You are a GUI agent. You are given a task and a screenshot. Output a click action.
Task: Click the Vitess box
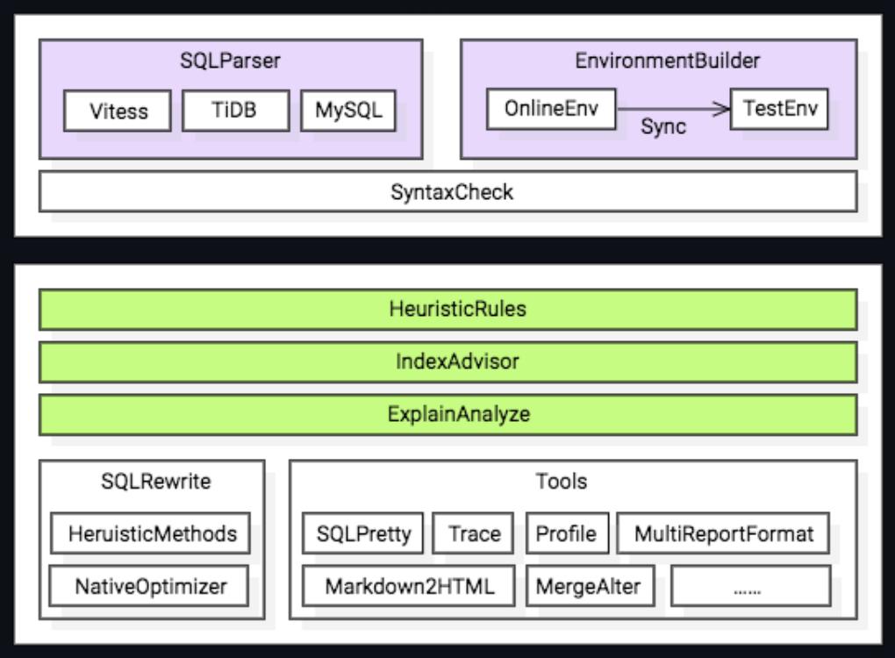coord(118,111)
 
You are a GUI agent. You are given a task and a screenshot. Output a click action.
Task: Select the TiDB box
coord(234,111)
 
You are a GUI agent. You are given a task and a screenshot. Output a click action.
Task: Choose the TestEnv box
coord(779,109)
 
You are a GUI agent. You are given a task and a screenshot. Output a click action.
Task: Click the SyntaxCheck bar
coord(447,191)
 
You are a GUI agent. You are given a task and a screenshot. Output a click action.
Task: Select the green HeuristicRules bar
coord(447,309)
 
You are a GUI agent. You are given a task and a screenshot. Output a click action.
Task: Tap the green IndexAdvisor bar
coord(447,361)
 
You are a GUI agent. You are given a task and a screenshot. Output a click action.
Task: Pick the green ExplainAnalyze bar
coord(447,414)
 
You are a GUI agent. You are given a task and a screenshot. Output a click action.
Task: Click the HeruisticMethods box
coord(144,533)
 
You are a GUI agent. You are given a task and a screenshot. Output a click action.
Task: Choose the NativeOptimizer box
coord(144,586)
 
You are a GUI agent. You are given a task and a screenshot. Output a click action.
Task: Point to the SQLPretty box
coord(363,533)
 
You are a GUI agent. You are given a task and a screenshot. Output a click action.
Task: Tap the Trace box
coord(475,533)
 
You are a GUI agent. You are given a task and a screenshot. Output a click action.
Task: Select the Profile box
coord(567,533)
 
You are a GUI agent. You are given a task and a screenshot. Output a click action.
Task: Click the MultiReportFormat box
coord(723,533)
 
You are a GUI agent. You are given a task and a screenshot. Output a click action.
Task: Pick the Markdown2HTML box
coord(409,586)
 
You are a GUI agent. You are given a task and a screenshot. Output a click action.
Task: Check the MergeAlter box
coord(591,586)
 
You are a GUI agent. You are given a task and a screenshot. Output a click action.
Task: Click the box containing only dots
coord(750,586)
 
